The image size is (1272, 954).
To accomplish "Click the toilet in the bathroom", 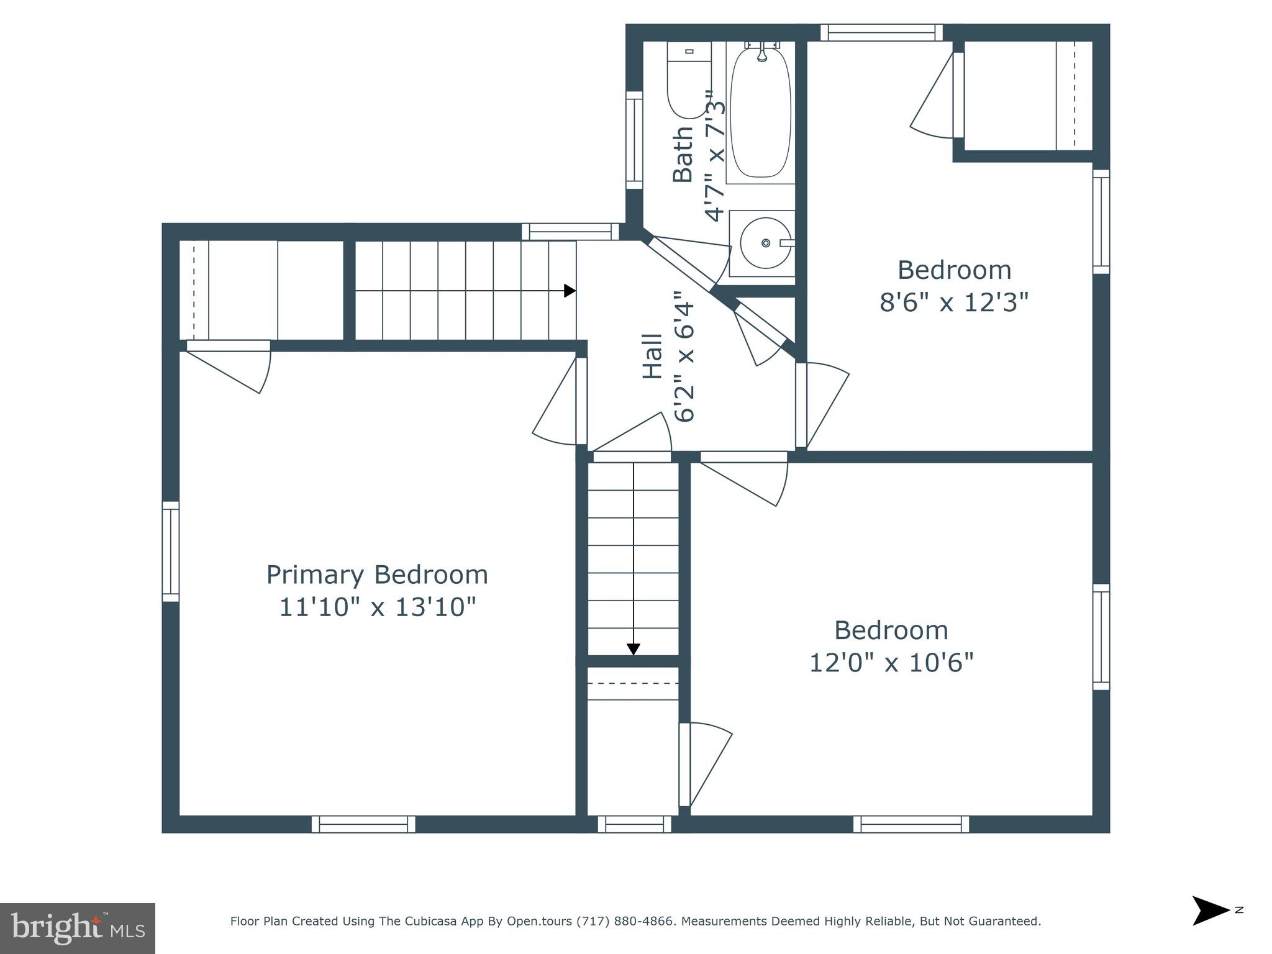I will [688, 81].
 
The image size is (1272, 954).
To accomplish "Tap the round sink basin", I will [765, 243].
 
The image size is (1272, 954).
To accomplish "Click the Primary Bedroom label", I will [377, 575].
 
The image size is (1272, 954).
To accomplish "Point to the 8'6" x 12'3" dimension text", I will [954, 302].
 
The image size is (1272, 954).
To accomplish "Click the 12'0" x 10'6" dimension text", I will [891, 663].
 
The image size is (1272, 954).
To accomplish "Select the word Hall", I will [652, 357].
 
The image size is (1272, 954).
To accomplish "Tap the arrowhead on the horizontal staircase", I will [570, 291].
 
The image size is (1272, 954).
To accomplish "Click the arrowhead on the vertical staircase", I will [633, 649].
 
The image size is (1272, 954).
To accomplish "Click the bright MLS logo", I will [77, 929].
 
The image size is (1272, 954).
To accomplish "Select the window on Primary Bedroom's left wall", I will [171, 552].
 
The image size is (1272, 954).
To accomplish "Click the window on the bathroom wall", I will [634, 140].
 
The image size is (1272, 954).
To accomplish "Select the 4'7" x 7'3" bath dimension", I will [715, 155].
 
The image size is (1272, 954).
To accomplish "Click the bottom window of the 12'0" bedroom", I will [911, 824].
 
